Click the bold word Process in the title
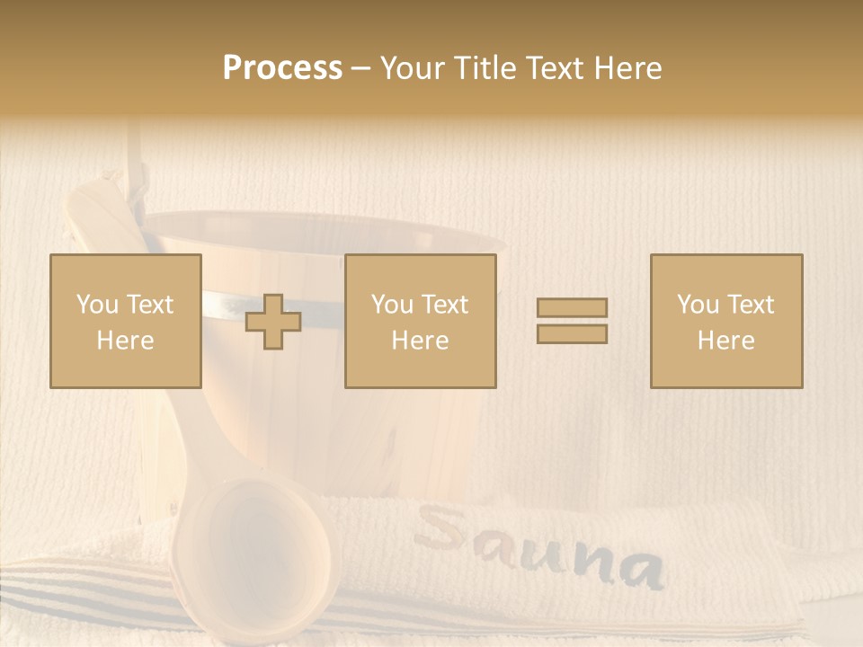pos(282,68)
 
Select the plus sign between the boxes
pos(273,321)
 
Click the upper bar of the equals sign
pos(572,307)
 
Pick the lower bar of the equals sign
pos(572,333)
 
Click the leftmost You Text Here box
pos(125,321)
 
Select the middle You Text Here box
pos(420,321)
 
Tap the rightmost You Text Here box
pos(725,321)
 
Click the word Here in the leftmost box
pos(125,341)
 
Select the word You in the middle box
pos(391,305)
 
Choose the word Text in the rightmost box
pos(752,305)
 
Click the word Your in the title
pos(412,68)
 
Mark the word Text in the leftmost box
pos(151,305)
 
